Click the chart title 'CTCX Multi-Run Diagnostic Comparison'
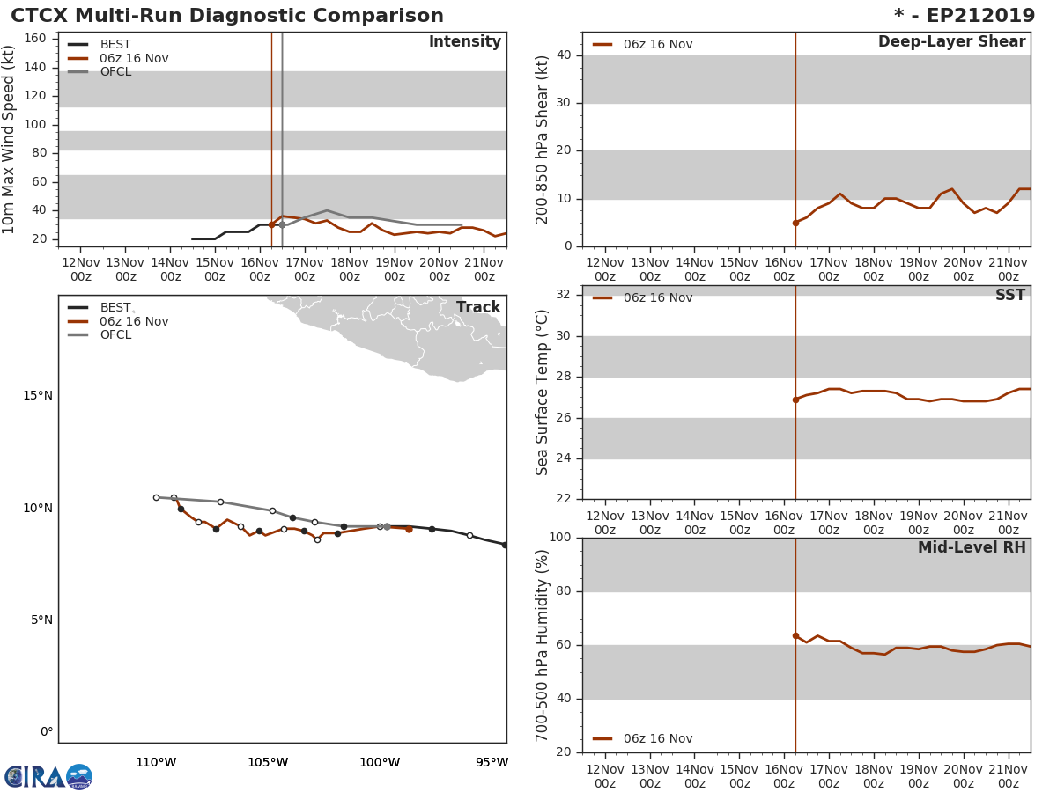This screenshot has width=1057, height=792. [227, 16]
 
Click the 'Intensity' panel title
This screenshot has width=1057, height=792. [464, 42]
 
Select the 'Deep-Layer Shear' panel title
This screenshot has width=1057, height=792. [951, 42]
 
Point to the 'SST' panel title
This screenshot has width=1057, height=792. [1009, 296]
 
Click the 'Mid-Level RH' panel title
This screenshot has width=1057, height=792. [971, 547]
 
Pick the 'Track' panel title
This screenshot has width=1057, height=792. [477, 307]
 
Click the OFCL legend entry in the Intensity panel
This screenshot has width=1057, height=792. [115, 71]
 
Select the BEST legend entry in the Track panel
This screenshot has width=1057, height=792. [115, 307]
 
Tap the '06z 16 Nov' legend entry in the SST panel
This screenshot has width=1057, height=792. [657, 297]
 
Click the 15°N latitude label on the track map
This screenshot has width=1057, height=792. [38, 395]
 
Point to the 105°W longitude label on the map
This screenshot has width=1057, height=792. [268, 762]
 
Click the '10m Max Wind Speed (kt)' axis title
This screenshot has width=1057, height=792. [10, 139]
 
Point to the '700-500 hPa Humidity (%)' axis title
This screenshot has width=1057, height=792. [543, 645]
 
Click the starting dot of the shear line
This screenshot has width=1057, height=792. [795, 223]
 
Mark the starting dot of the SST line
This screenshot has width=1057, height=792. [795, 400]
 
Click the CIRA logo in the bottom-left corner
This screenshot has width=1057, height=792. [48, 776]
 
